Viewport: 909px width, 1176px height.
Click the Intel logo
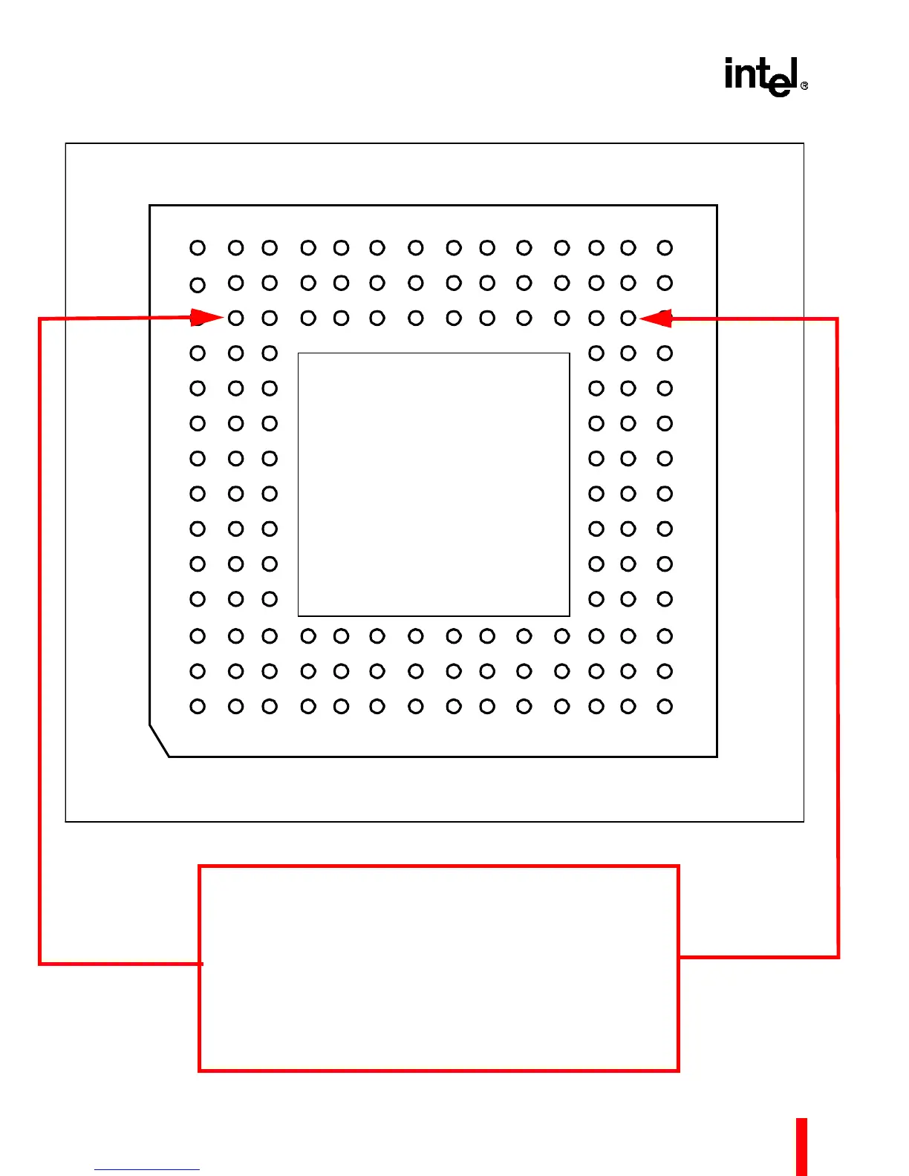[763, 76]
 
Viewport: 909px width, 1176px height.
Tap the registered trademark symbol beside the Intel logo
[804, 86]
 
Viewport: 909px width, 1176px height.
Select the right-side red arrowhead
[656, 318]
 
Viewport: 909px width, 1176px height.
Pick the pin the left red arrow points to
[236, 318]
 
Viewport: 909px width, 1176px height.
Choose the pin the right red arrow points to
[628, 318]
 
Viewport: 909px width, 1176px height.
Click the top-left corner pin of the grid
[198, 248]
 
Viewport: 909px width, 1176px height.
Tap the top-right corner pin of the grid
[665, 248]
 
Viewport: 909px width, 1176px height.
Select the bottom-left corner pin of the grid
[198, 706]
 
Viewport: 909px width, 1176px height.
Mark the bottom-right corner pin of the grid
[665, 706]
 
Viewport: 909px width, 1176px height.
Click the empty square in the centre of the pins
[434, 484]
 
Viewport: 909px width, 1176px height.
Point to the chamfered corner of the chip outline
[160, 740]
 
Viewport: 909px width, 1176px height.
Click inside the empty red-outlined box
[438, 968]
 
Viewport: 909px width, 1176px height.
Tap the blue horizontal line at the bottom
[147, 1169]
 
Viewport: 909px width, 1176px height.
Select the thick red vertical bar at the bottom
[801, 1146]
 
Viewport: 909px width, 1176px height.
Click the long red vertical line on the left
[39, 638]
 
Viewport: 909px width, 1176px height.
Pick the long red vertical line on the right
[838, 638]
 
